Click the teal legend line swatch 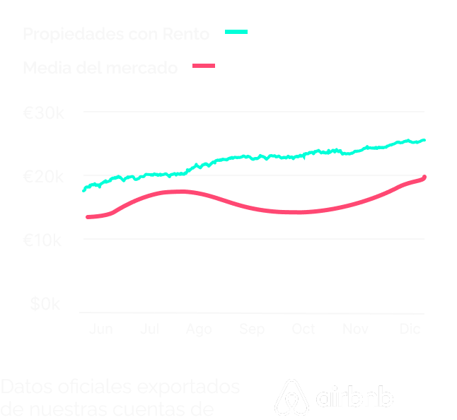(236, 33)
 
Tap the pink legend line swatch (202, 66)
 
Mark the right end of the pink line (424, 177)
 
